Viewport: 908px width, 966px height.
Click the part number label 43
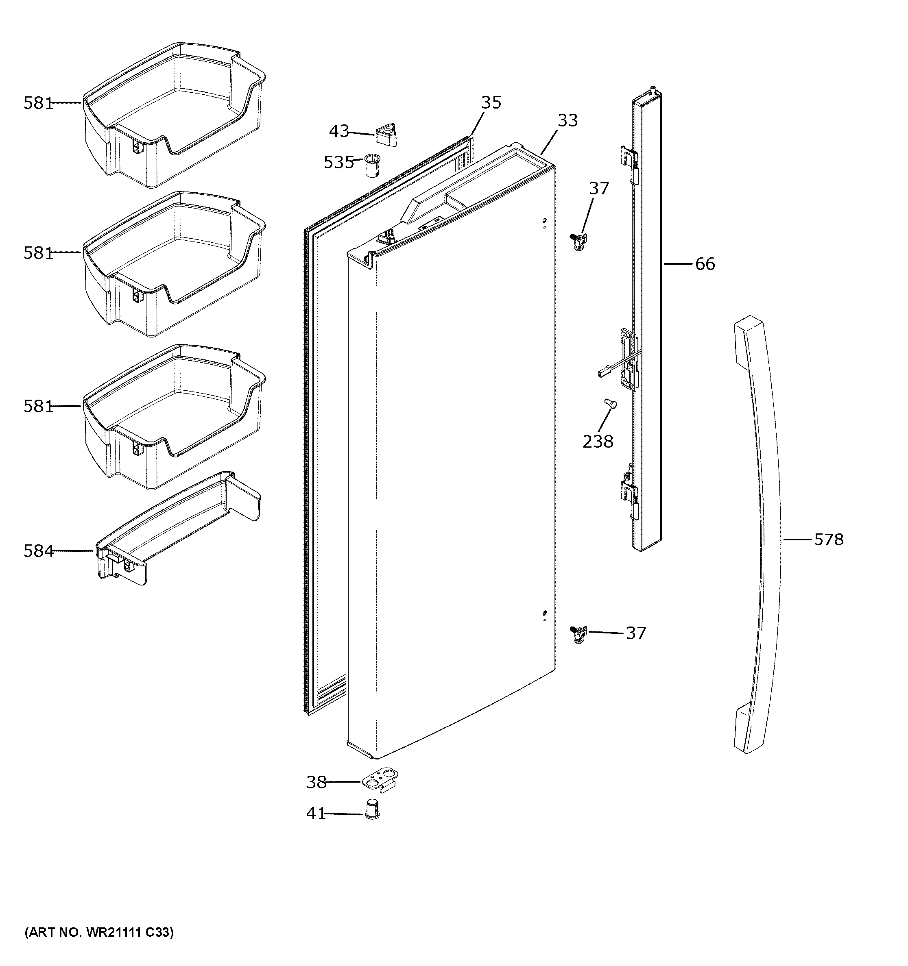pos(339,131)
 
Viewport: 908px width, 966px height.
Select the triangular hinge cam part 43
pos(387,134)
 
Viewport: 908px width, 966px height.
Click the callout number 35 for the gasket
pos(491,102)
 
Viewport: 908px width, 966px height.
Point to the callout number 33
pos(567,120)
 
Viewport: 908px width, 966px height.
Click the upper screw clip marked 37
pos(579,241)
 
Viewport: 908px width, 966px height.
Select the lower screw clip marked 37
pos(579,634)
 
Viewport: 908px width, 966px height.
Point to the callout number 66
pos(705,264)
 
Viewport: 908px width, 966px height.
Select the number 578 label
pos(829,540)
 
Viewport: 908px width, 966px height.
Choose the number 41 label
pos(316,814)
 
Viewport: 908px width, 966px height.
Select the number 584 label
pos(38,550)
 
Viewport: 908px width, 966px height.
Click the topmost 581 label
pos(38,103)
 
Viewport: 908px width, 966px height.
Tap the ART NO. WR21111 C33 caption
pos(99,932)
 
